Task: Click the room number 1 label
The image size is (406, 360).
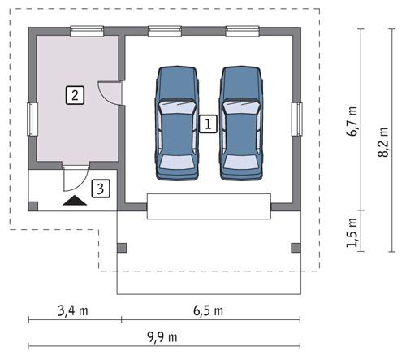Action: pos(208,124)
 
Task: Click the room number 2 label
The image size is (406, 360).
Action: pos(74,94)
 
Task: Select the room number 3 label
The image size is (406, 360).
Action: pos(99,189)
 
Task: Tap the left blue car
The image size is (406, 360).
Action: pos(177,123)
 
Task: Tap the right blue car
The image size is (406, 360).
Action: pos(241,123)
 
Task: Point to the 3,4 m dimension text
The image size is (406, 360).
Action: pos(72,310)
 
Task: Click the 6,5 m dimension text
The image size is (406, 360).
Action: pos(209,310)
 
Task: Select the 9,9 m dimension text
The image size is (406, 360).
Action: pos(162,336)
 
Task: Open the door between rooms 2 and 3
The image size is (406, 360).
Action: pos(75,173)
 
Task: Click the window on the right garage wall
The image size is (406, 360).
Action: pos(297,120)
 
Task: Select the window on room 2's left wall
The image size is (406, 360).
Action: pos(32,119)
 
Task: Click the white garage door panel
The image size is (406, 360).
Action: pos(209,206)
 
